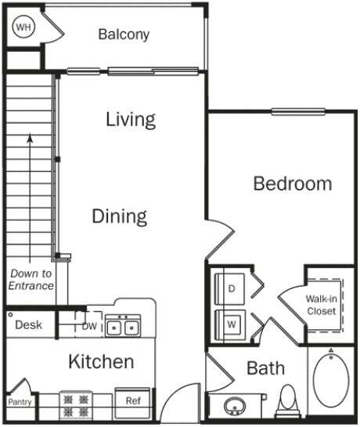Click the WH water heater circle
23,27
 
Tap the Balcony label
124,34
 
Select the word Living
131,119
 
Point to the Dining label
119,215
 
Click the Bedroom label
292,183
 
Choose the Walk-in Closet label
321,305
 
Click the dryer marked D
231,288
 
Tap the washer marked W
231,322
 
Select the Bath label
265,367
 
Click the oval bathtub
331,381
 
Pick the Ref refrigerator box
132,400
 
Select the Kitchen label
101,362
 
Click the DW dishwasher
89,326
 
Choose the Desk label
28,324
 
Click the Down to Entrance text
31,280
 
